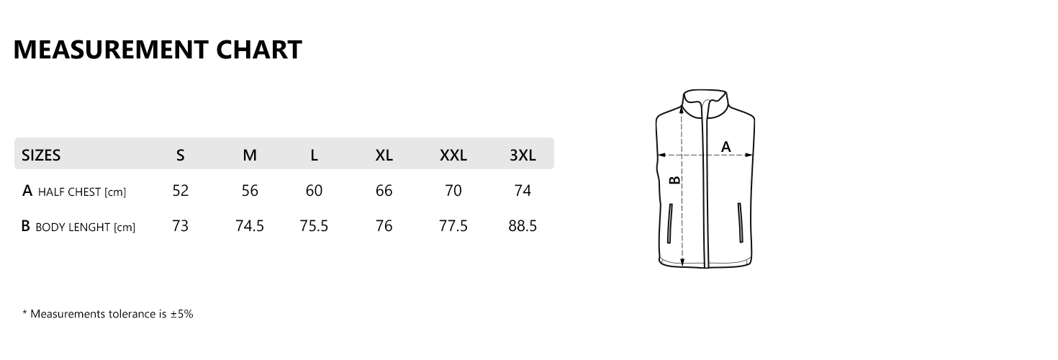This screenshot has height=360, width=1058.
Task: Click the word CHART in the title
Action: (x=259, y=50)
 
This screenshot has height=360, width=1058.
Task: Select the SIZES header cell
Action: (x=41, y=155)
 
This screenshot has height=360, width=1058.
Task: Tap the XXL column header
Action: (x=453, y=155)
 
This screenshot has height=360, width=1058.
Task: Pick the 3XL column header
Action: (x=523, y=155)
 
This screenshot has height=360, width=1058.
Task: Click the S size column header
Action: (x=181, y=155)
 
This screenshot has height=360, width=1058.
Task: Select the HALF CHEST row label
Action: (x=74, y=191)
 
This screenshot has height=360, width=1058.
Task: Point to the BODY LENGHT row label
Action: (x=78, y=226)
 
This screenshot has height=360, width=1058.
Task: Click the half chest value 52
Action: (x=181, y=190)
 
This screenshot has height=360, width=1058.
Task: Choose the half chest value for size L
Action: (x=314, y=190)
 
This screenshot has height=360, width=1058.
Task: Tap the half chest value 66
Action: (x=384, y=190)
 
